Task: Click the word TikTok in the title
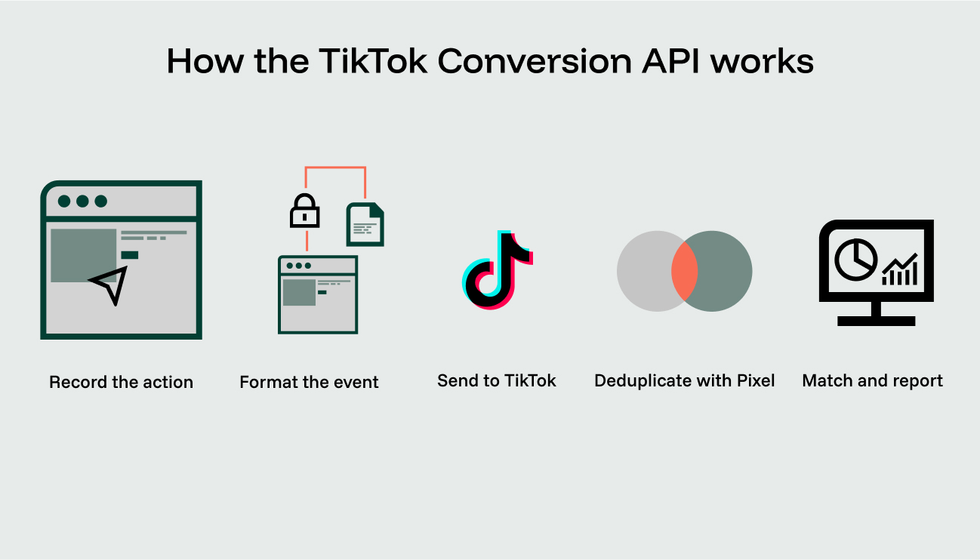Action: click(x=373, y=61)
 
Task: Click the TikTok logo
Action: click(x=498, y=270)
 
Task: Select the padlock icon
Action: click(x=304, y=211)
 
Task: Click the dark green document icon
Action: click(x=365, y=224)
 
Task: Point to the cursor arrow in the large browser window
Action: click(x=109, y=285)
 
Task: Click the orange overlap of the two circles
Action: click(x=684, y=271)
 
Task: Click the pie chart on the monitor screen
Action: click(x=855, y=260)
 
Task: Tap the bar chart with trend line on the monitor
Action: click(x=899, y=269)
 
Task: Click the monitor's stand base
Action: click(x=877, y=321)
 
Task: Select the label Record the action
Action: click(x=122, y=382)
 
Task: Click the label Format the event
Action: click(x=309, y=382)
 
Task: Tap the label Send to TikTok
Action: click(x=497, y=380)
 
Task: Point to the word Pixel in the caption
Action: click(x=756, y=380)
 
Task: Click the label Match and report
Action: click(x=872, y=380)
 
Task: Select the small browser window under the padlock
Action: click(x=318, y=294)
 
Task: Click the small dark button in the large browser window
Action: click(x=130, y=255)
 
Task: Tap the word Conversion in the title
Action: click(x=535, y=61)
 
